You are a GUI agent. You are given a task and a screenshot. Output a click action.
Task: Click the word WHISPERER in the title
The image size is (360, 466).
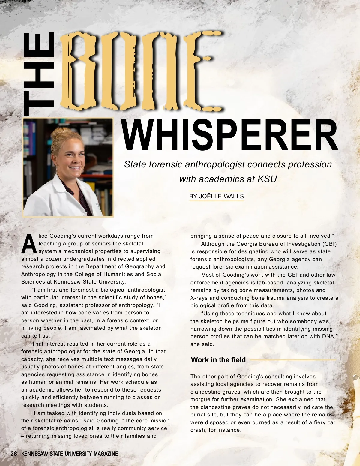(230, 135)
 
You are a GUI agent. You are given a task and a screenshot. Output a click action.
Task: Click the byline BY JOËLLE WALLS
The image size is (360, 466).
(216, 196)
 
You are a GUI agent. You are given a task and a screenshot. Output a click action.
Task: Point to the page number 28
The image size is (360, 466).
(14, 454)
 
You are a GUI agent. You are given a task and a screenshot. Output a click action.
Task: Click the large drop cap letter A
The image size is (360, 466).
(29, 244)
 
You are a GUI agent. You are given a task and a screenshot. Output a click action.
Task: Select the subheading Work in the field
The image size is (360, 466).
(218, 360)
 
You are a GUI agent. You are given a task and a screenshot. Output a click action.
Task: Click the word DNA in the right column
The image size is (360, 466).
(329, 336)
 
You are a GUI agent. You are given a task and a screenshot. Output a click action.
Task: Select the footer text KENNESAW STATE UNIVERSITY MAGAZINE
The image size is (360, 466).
(70, 454)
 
